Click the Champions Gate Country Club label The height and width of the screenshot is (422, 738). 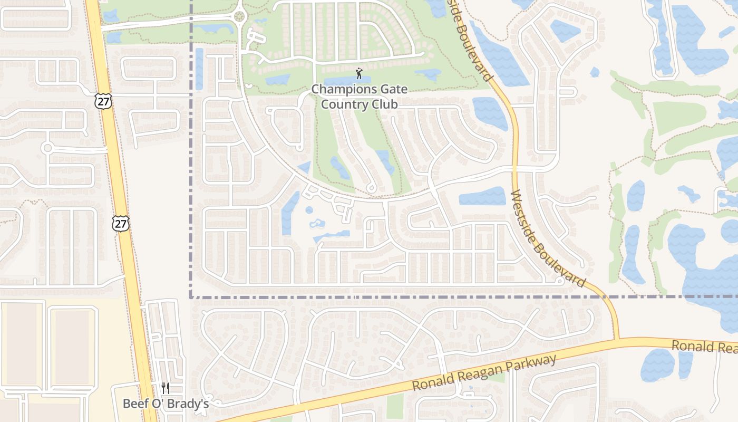click(359, 97)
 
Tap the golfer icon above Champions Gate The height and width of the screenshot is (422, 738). click(359, 73)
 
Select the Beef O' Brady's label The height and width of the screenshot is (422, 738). click(166, 404)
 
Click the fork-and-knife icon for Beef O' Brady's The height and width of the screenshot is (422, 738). click(166, 388)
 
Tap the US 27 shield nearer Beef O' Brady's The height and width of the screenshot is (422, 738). click(121, 223)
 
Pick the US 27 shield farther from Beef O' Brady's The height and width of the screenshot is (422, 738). click(104, 101)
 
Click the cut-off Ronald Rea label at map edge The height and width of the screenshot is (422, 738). click(704, 347)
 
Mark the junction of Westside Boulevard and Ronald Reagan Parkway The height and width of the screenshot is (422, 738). click(616, 339)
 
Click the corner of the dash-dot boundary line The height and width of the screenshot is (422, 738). click(190, 297)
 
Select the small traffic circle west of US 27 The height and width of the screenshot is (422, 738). click(47, 148)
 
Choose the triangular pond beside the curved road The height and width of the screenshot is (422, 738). click(304, 168)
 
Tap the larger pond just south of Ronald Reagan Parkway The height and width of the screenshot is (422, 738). click(657, 365)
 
